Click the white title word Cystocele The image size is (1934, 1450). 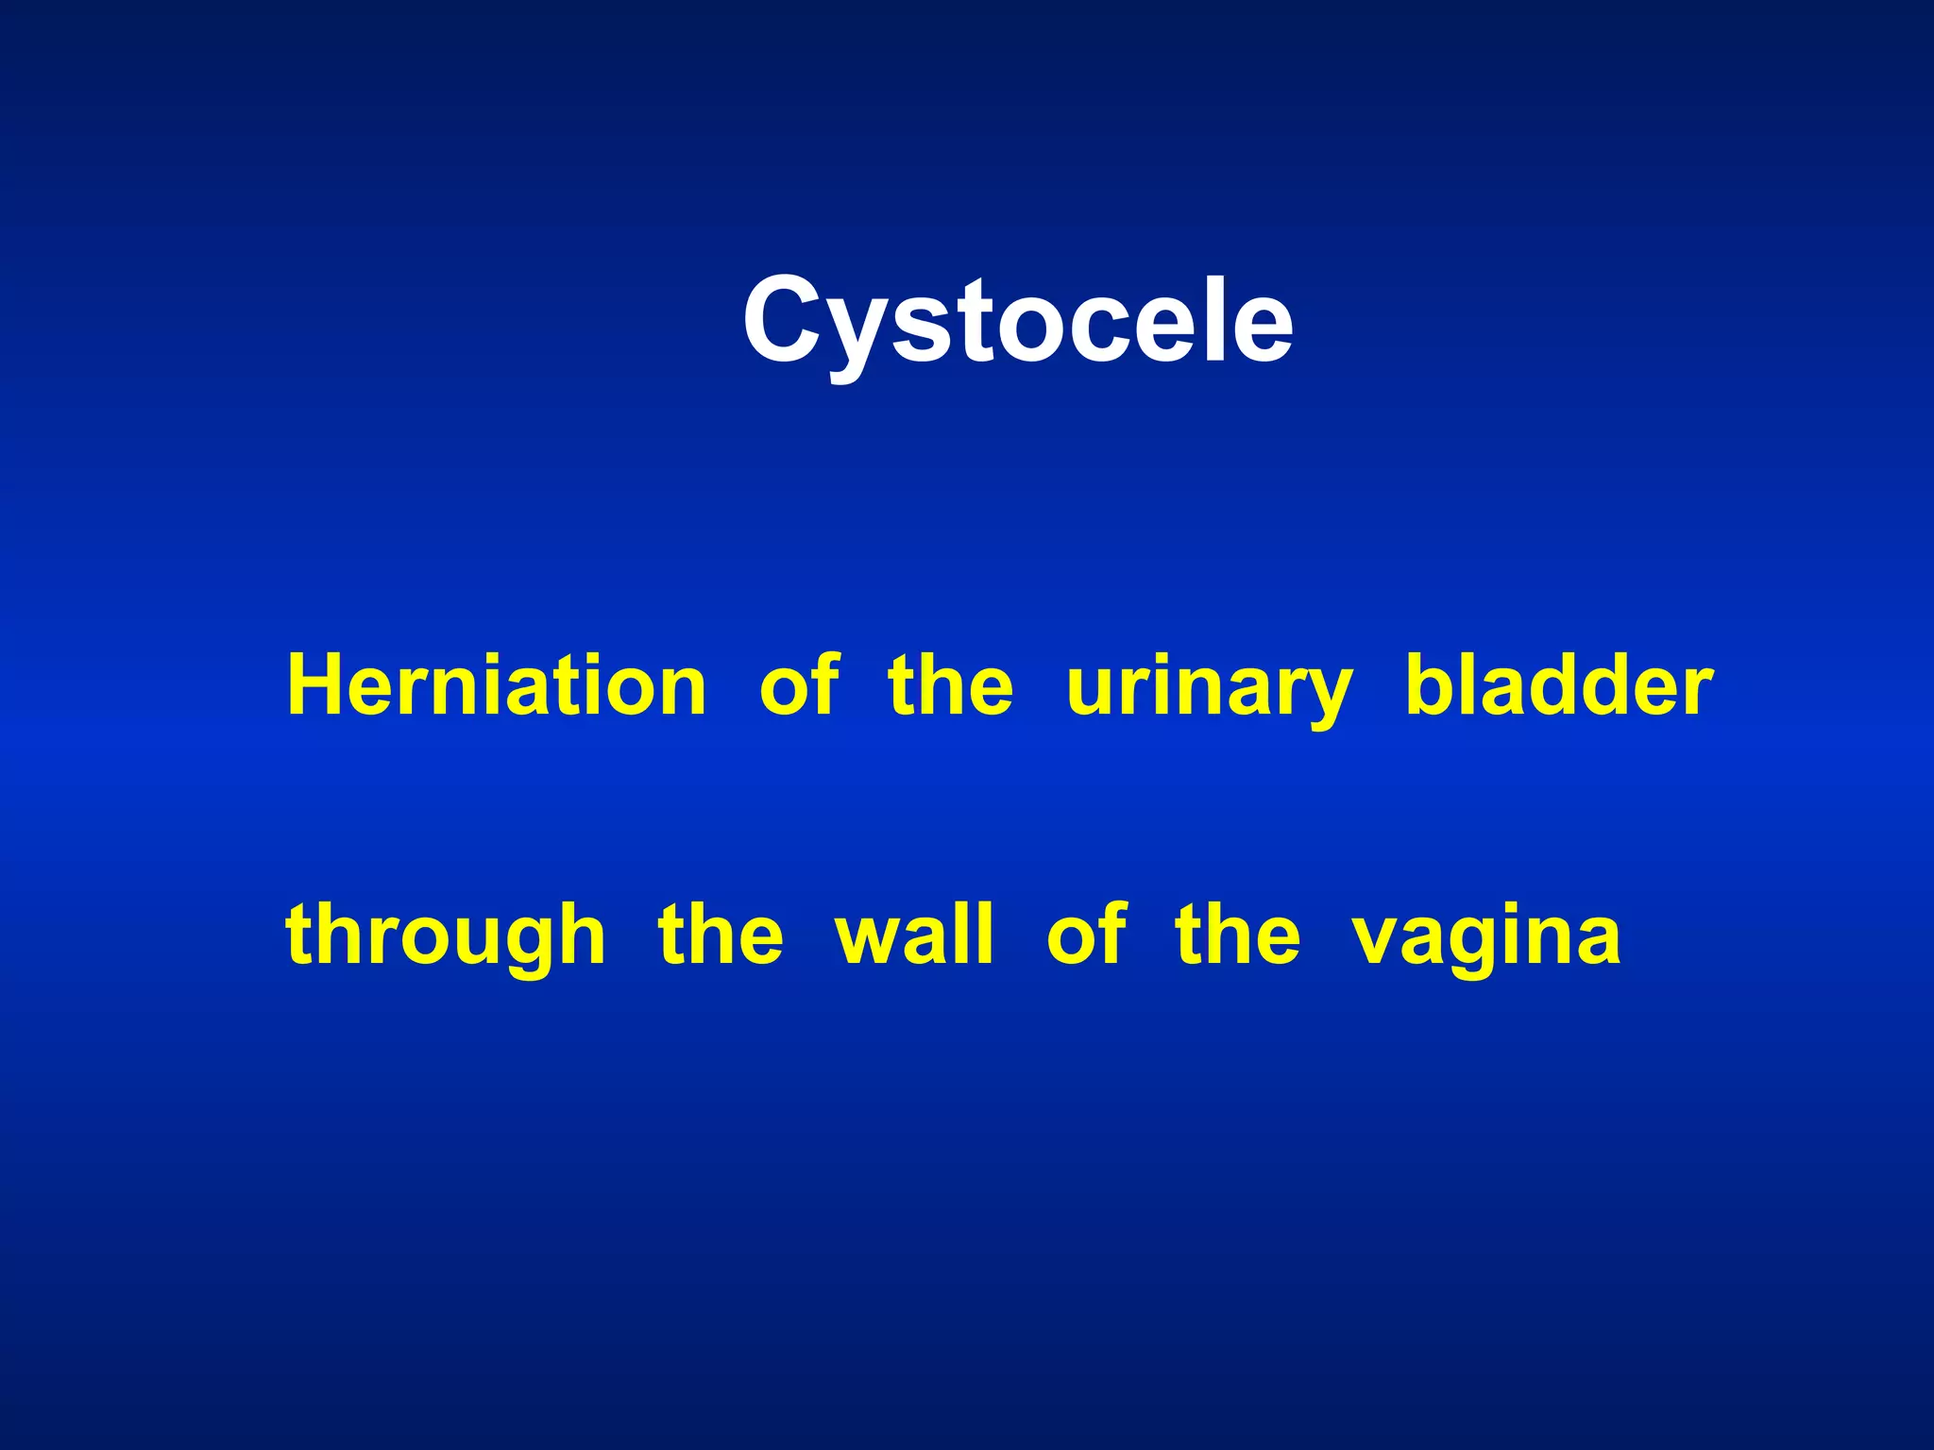pyautogui.click(x=1017, y=321)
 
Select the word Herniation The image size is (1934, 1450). pyautogui.click(x=496, y=685)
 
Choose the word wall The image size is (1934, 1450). pyautogui.click(x=913, y=935)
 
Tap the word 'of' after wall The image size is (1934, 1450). pyautogui.click(x=1085, y=935)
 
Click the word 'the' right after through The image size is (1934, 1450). pyautogui.click(x=720, y=935)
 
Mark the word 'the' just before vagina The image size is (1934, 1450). pyautogui.click(x=1237, y=935)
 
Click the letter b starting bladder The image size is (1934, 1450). pyautogui.click(x=1429, y=683)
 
